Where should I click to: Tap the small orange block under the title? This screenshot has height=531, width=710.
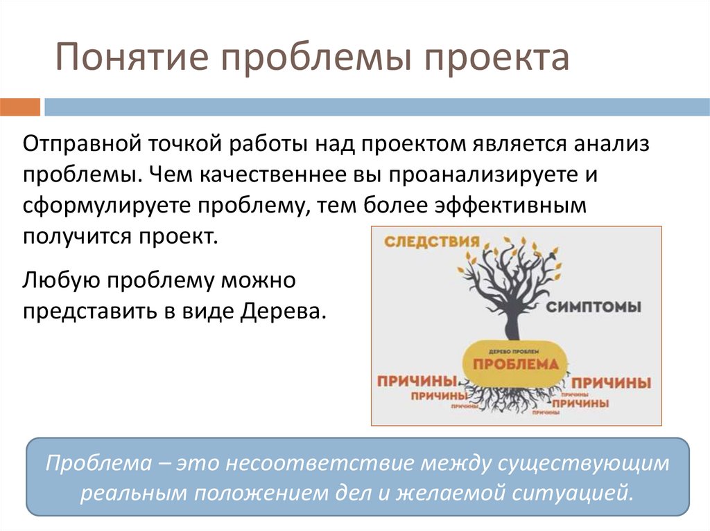pos(20,107)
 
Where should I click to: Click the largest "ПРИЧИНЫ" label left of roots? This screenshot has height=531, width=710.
pos(416,381)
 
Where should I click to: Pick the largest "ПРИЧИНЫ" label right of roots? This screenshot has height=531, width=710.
pos(612,382)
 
